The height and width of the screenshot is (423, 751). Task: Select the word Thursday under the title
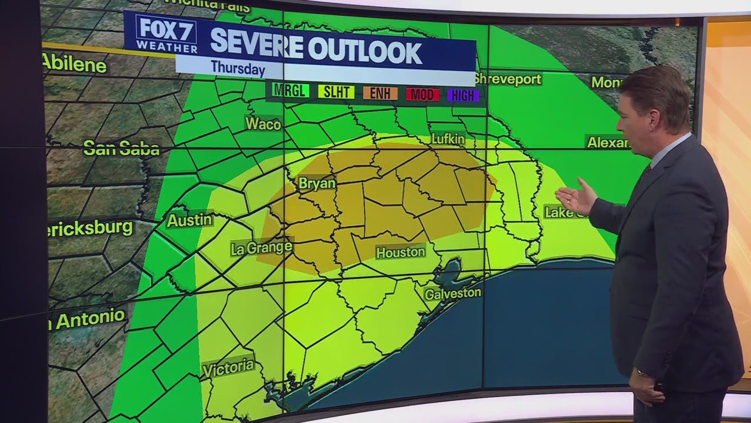coord(238,68)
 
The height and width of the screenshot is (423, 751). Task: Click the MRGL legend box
coord(290,90)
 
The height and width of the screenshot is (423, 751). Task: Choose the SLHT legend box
coord(336,92)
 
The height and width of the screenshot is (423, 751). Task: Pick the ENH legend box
coord(380,93)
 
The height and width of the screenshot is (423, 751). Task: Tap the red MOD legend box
coord(422,94)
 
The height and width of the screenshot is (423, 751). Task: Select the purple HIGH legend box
coord(463,95)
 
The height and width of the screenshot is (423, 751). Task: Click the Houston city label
coord(400,252)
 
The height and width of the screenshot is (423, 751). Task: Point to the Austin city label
coord(189,220)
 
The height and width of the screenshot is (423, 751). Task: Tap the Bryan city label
coord(317,183)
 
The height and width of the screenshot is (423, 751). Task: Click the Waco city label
coord(263,123)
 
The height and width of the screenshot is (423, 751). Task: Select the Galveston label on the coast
coord(452,293)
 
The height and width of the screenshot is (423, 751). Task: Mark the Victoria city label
coord(228,368)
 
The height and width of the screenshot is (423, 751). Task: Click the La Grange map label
coord(261,247)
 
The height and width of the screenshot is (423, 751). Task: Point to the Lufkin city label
coord(448,139)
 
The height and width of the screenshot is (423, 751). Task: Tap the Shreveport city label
coord(508,79)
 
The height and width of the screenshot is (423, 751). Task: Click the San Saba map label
coord(121,148)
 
